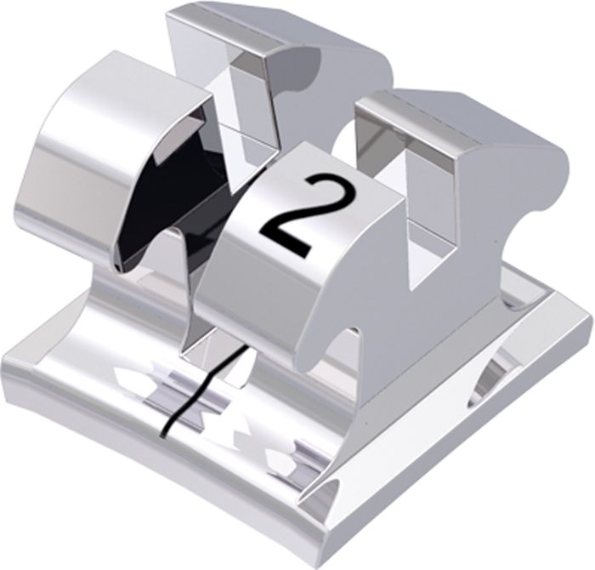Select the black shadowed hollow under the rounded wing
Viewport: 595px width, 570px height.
tap(167, 202)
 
